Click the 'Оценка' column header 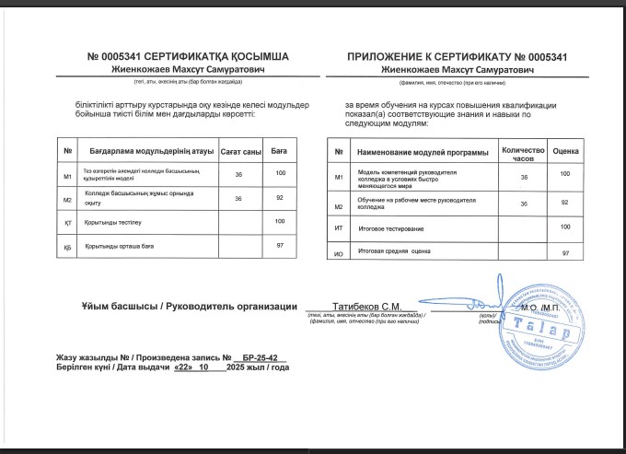(566, 150)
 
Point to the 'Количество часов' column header (523, 151)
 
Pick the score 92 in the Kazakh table (280, 197)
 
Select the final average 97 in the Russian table (566, 251)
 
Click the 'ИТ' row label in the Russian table (339, 227)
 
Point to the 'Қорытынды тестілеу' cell (114, 223)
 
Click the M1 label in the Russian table (339, 176)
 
